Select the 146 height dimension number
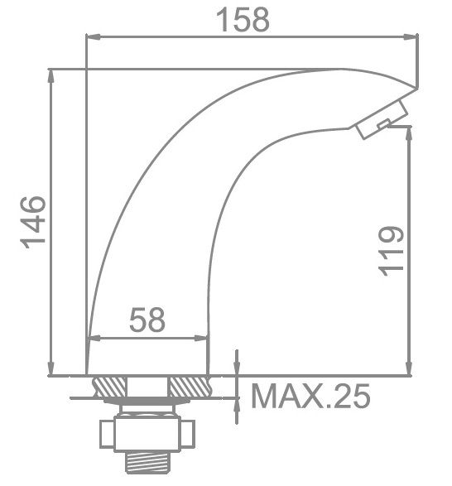[34, 221]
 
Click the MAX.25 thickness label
[310, 397]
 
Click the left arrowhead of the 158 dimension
[94, 36]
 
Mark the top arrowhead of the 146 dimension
[52, 75]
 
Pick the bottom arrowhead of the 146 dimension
[52, 370]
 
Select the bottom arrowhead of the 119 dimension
[408, 370]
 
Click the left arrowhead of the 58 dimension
[94, 338]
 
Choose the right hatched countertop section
[188, 387]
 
